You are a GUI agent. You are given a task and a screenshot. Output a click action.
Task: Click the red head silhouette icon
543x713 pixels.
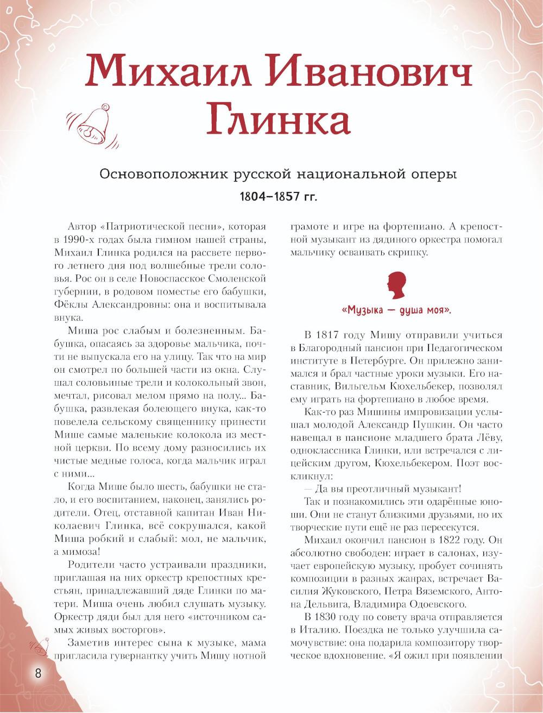(x=396, y=286)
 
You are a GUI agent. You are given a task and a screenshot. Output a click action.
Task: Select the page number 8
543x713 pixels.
(x=39, y=687)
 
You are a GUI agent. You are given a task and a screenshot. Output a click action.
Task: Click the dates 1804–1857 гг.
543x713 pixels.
(x=278, y=196)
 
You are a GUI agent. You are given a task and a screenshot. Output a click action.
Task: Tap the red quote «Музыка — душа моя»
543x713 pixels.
(x=397, y=311)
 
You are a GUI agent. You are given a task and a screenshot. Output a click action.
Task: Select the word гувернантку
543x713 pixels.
(x=142, y=655)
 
